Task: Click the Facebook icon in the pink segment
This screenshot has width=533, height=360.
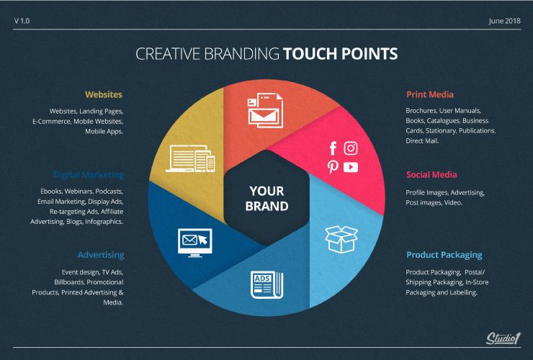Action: click(333, 148)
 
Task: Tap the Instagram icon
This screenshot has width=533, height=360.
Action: click(351, 148)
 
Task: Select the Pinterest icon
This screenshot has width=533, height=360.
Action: click(333, 167)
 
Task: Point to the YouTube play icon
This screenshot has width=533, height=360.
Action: click(351, 167)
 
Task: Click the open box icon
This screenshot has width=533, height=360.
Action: click(341, 239)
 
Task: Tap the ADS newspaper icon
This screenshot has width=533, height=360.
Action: click(266, 285)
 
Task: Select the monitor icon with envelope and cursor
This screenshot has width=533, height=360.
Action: click(194, 243)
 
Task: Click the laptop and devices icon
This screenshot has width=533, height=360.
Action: click(190, 158)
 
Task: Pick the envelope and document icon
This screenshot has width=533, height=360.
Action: click(265, 110)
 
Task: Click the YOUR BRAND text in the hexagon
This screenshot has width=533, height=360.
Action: click(266, 198)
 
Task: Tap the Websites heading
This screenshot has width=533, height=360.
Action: click(104, 94)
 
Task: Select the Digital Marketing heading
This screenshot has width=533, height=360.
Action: click(89, 175)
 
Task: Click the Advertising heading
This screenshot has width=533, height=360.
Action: click(101, 255)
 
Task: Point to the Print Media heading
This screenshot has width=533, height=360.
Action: click(430, 94)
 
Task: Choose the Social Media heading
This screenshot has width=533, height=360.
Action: click(431, 175)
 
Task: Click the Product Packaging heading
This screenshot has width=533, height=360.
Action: click(444, 255)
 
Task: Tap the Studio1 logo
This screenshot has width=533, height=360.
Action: click(503, 338)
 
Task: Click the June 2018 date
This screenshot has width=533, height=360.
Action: click(504, 21)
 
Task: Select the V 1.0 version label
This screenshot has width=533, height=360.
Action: click(22, 21)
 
